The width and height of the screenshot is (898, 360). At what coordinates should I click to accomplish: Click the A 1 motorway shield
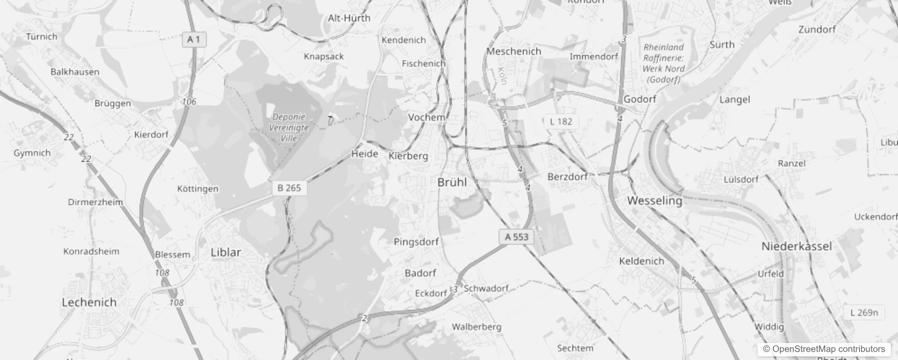point(194,40)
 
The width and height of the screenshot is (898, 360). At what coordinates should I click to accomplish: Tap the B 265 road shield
point(289,188)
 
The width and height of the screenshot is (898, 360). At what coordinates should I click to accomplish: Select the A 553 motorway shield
point(516,237)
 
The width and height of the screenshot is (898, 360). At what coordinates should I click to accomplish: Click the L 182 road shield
point(561,121)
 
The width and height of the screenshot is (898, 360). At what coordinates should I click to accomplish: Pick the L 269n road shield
point(864,312)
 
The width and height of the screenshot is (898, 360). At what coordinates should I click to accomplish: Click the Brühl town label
point(452,182)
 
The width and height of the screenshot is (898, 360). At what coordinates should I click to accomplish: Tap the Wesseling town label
point(655,201)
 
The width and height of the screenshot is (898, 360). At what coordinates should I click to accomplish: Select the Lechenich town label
point(89,302)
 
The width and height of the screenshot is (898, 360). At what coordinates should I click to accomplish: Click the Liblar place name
point(226,252)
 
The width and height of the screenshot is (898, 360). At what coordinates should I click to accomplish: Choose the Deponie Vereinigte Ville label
point(289,127)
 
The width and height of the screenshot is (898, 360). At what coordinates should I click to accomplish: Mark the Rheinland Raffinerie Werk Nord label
point(663,63)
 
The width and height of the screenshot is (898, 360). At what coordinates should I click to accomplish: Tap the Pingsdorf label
point(416,242)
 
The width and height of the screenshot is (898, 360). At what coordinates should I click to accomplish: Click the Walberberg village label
point(476,327)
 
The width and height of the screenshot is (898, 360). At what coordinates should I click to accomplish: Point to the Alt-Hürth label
point(349,18)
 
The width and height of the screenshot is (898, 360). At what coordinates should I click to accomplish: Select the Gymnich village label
point(32,153)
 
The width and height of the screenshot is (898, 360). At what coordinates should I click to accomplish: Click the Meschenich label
point(514,51)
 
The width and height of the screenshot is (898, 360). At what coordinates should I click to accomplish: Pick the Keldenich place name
point(642,261)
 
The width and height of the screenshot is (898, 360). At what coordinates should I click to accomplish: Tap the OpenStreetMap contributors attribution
point(824,349)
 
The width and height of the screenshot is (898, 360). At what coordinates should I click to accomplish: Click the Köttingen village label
point(198,189)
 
